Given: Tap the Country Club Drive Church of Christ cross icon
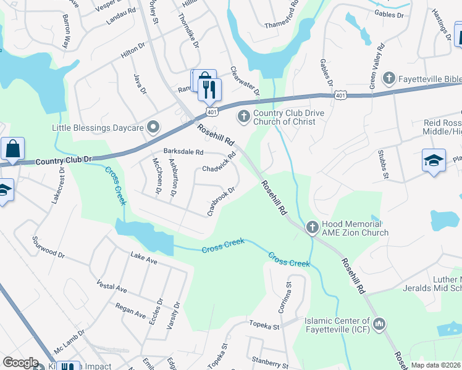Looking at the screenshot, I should coord(244,116).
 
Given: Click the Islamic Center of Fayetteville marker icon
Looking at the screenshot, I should coord(379,323).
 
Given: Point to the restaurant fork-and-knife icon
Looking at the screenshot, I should coord(209,90).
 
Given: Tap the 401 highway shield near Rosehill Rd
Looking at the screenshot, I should coord(212,112).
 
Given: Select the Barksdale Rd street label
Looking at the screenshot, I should coord(183,151).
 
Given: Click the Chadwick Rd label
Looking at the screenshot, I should coord(219,163).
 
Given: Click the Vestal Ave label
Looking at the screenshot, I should coord(112,287).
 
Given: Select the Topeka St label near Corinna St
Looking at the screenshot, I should coord(264,324).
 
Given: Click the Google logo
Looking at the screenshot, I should coord(20,363).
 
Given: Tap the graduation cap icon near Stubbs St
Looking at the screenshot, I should coord(434,161).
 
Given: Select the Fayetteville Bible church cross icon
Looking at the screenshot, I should coord(388,78).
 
